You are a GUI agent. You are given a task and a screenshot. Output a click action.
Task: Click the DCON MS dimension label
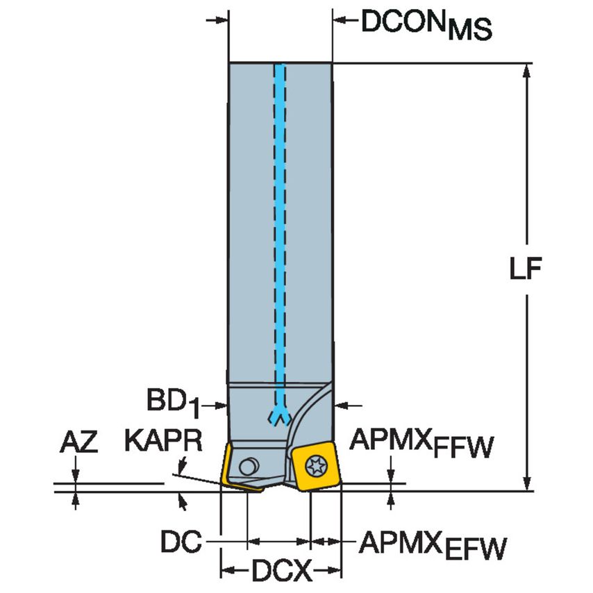click(x=426, y=24)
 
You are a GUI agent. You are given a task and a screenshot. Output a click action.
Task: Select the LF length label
click(x=526, y=269)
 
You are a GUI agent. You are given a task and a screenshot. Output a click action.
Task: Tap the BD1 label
click(x=173, y=403)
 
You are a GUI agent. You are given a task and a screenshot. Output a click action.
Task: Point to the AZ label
click(x=78, y=442)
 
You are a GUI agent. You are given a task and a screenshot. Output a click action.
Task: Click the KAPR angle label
click(x=163, y=440)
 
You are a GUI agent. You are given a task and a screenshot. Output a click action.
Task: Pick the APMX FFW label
click(x=421, y=443)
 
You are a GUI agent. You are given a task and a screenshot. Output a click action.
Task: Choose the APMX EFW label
click(x=433, y=545)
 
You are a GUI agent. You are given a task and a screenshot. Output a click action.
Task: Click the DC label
click(x=181, y=541)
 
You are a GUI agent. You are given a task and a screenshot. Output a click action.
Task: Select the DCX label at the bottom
click(x=282, y=570)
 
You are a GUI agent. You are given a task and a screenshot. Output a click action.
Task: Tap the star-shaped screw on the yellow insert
click(x=315, y=465)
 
